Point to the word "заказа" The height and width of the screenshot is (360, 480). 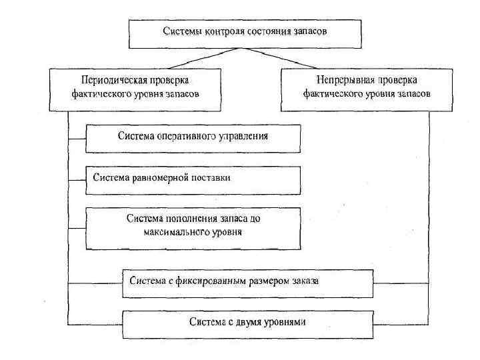coord(304,280)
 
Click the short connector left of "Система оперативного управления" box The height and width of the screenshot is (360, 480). coord(77,139)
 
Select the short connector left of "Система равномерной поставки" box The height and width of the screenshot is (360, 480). coord(77,179)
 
